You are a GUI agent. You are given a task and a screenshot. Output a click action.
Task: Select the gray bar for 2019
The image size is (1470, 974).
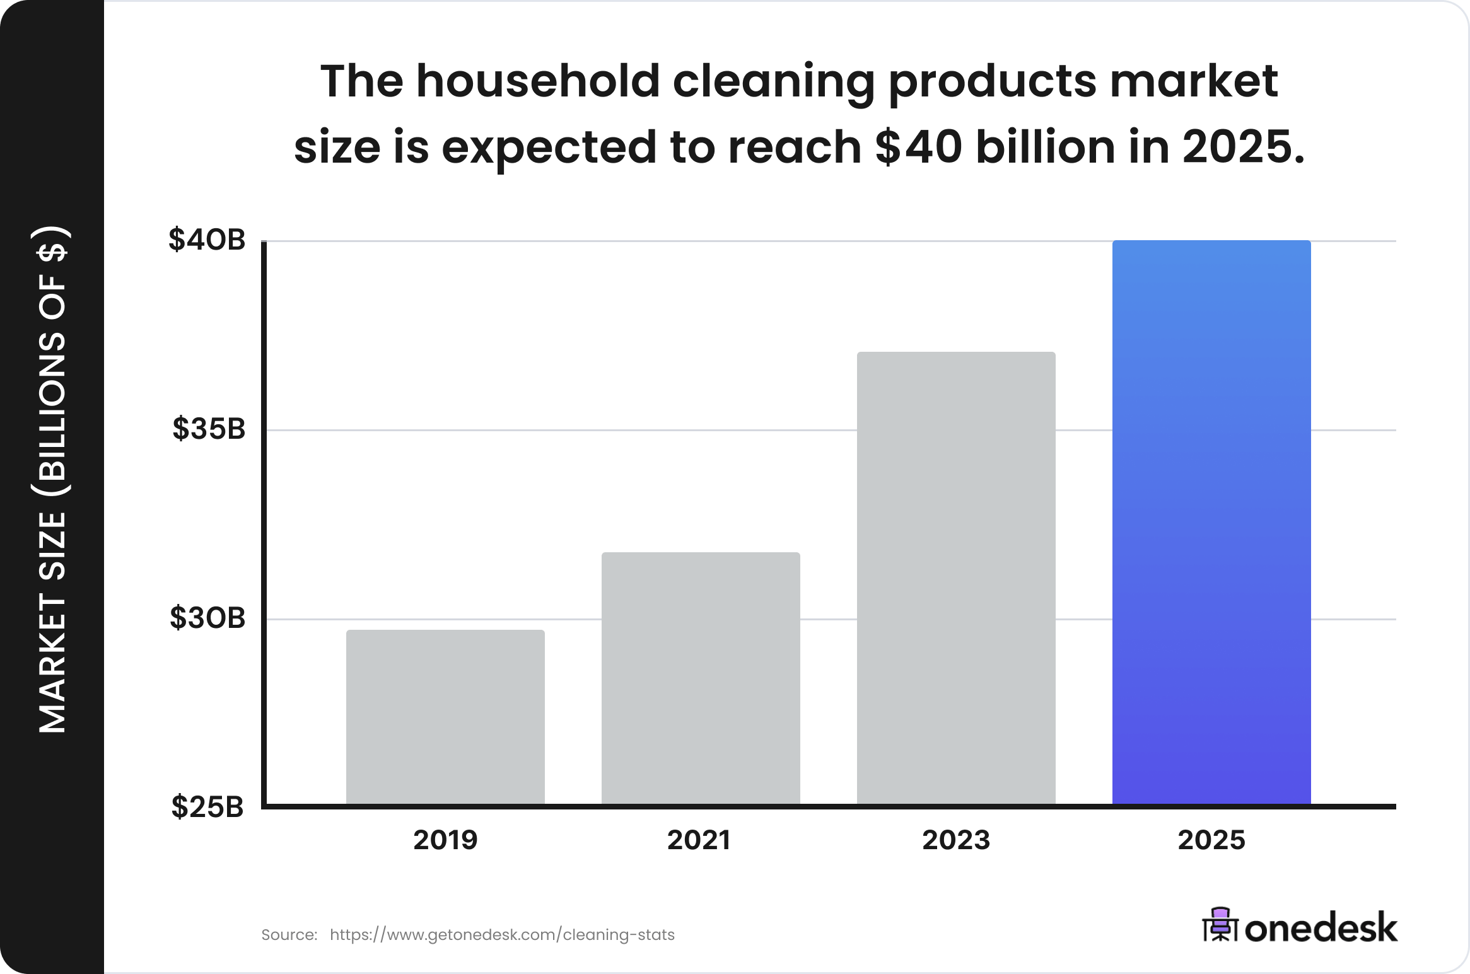pyautogui.click(x=445, y=717)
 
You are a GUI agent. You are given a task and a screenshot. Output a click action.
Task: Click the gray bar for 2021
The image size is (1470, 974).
pyautogui.click(x=701, y=678)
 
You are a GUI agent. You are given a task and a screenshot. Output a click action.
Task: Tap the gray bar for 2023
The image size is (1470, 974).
pyautogui.click(x=956, y=578)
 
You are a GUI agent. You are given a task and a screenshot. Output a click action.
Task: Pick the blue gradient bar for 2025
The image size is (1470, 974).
pyautogui.click(x=1211, y=522)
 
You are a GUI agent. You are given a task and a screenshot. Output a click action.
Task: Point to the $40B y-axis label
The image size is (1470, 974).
pyautogui.click(x=207, y=240)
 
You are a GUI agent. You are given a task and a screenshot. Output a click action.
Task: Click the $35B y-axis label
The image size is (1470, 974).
pyautogui.click(x=209, y=429)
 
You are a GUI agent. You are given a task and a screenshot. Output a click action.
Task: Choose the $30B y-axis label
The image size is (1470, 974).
pyautogui.click(x=207, y=618)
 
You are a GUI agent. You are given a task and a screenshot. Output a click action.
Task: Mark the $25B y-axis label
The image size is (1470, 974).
pyautogui.click(x=207, y=807)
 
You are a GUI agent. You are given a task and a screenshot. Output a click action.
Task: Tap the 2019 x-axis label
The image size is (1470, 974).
pyautogui.click(x=445, y=840)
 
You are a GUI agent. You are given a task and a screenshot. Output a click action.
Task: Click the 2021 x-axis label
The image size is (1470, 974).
pyautogui.click(x=699, y=840)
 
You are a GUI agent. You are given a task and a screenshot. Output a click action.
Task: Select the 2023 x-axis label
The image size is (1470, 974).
pyautogui.click(x=956, y=840)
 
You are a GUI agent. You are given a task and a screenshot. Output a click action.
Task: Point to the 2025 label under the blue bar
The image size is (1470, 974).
pyautogui.click(x=1211, y=840)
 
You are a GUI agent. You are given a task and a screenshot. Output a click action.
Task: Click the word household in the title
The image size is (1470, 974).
pyautogui.click(x=537, y=82)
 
